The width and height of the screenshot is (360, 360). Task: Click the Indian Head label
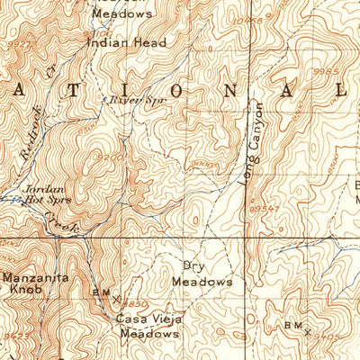click(126, 41)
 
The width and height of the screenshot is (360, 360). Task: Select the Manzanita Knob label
click(34, 284)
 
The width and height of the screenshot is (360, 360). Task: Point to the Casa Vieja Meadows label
click(146, 327)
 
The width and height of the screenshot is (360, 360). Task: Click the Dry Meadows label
click(202, 274)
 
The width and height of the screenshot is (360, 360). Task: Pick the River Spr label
click(125, 100)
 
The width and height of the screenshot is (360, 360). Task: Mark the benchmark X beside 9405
click(308, 331)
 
